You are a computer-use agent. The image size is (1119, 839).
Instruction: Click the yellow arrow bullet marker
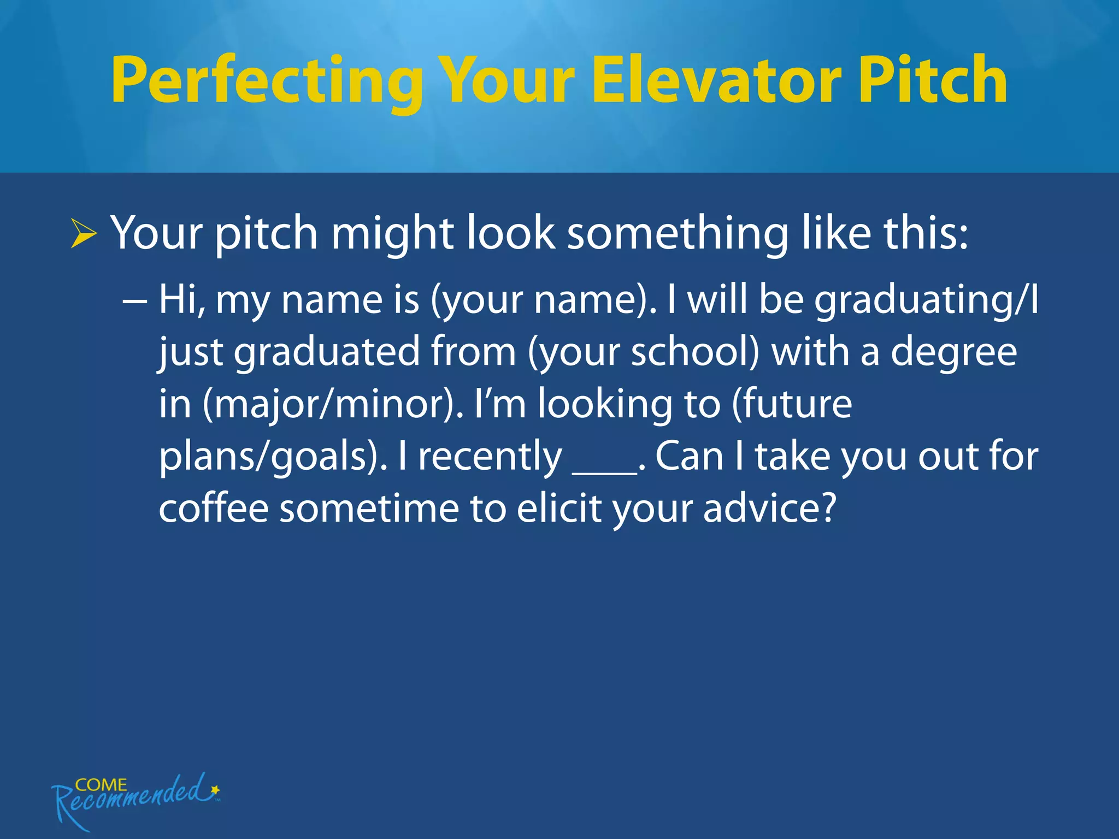83,234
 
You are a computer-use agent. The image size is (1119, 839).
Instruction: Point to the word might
392,234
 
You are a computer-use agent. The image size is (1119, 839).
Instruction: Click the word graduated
327,353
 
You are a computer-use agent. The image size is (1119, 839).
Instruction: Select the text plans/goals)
273,457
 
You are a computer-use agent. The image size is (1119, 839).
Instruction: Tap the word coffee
214,508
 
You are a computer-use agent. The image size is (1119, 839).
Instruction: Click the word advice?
770,508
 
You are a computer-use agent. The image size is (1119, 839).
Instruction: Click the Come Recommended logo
134,797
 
